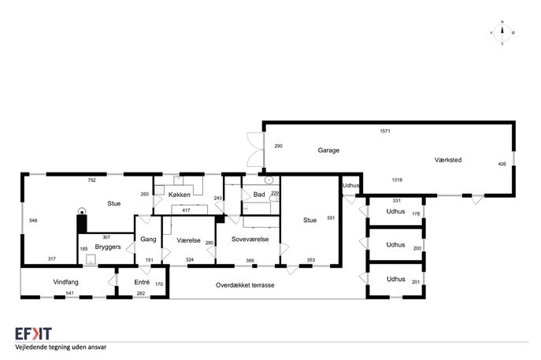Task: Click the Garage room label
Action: point(328,150)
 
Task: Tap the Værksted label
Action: point(447,160)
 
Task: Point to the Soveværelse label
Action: point(250,239)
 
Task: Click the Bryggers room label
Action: point(107,247)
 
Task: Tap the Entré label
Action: point(142,281)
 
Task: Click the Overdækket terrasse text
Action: point(245,285)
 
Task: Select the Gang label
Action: point(148,239)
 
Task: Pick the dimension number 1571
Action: point(385,131)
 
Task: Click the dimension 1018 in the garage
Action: point(397,180)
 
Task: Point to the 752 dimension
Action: point(91,180)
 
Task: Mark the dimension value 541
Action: point(70,294)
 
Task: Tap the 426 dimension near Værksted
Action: point(502,164)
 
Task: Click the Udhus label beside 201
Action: point(395,279)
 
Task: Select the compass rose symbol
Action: point(502,33)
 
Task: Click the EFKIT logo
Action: point(31,333)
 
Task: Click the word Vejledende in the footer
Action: point(31,347)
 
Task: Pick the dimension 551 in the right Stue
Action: point(331,217)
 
